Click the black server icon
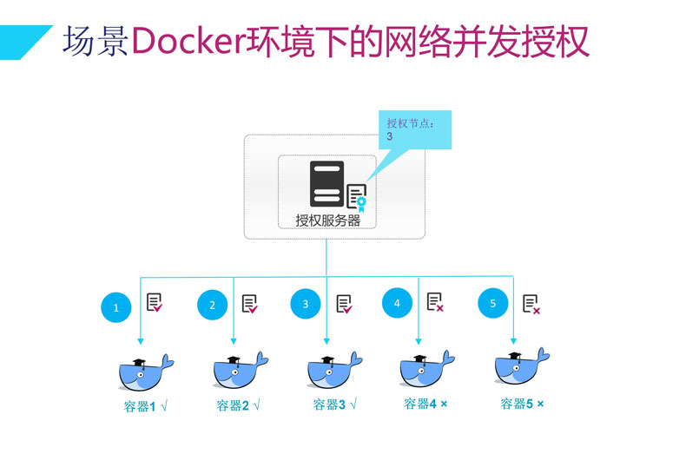point(327,183)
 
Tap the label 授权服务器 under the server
point(327,220)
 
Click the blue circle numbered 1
point(116,306)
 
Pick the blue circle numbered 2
point(212,305)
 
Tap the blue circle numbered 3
point(306,305)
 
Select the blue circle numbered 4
point(397,303)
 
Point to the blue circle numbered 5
point(492,303)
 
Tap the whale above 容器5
point(521,368)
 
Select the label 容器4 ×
point(425,404)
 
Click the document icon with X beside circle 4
point(435,302)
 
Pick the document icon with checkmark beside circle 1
point(155,303)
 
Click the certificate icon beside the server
point(357,197)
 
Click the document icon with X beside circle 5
point(531,304)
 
